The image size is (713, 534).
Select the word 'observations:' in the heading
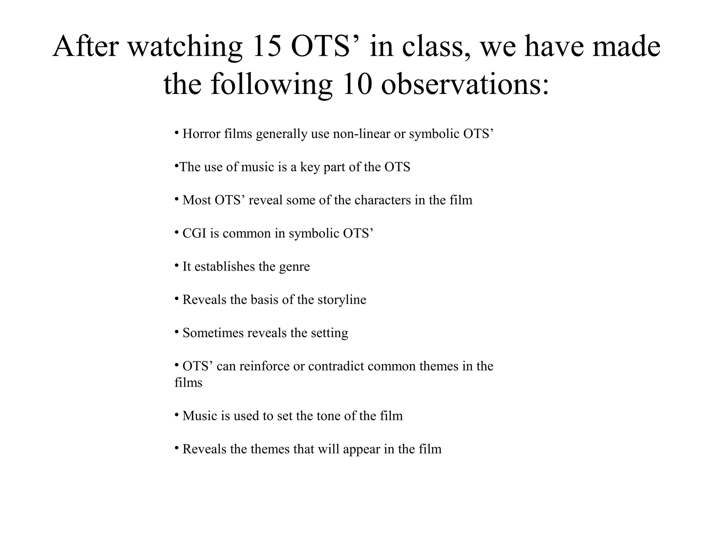coord(465,85)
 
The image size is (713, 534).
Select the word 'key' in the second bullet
coord(310,167)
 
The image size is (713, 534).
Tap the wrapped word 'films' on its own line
coord(188,383)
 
